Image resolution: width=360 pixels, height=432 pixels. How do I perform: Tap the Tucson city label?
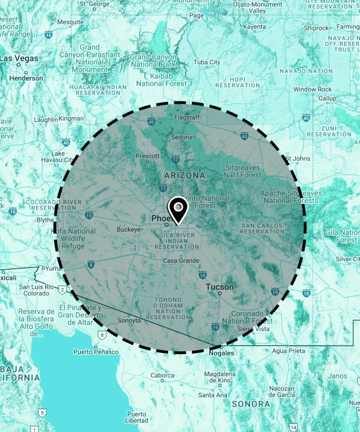219,287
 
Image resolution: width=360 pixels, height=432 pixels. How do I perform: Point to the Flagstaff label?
187,117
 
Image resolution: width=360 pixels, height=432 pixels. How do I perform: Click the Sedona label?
182,137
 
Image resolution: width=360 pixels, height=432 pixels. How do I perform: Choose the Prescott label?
147,156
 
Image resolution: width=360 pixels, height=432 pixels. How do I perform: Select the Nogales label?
221,353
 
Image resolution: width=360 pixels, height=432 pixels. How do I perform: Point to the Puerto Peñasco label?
96,352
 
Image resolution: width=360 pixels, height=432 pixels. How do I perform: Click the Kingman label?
71,119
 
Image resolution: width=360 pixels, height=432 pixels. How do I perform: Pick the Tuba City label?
207,62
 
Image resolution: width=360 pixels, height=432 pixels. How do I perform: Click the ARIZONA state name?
185,175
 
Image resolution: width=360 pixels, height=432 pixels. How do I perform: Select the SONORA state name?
251,404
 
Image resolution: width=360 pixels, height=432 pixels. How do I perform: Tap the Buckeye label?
128,230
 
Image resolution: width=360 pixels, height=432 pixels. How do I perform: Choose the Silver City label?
347,259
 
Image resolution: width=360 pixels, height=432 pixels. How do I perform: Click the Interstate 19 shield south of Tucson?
215,327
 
